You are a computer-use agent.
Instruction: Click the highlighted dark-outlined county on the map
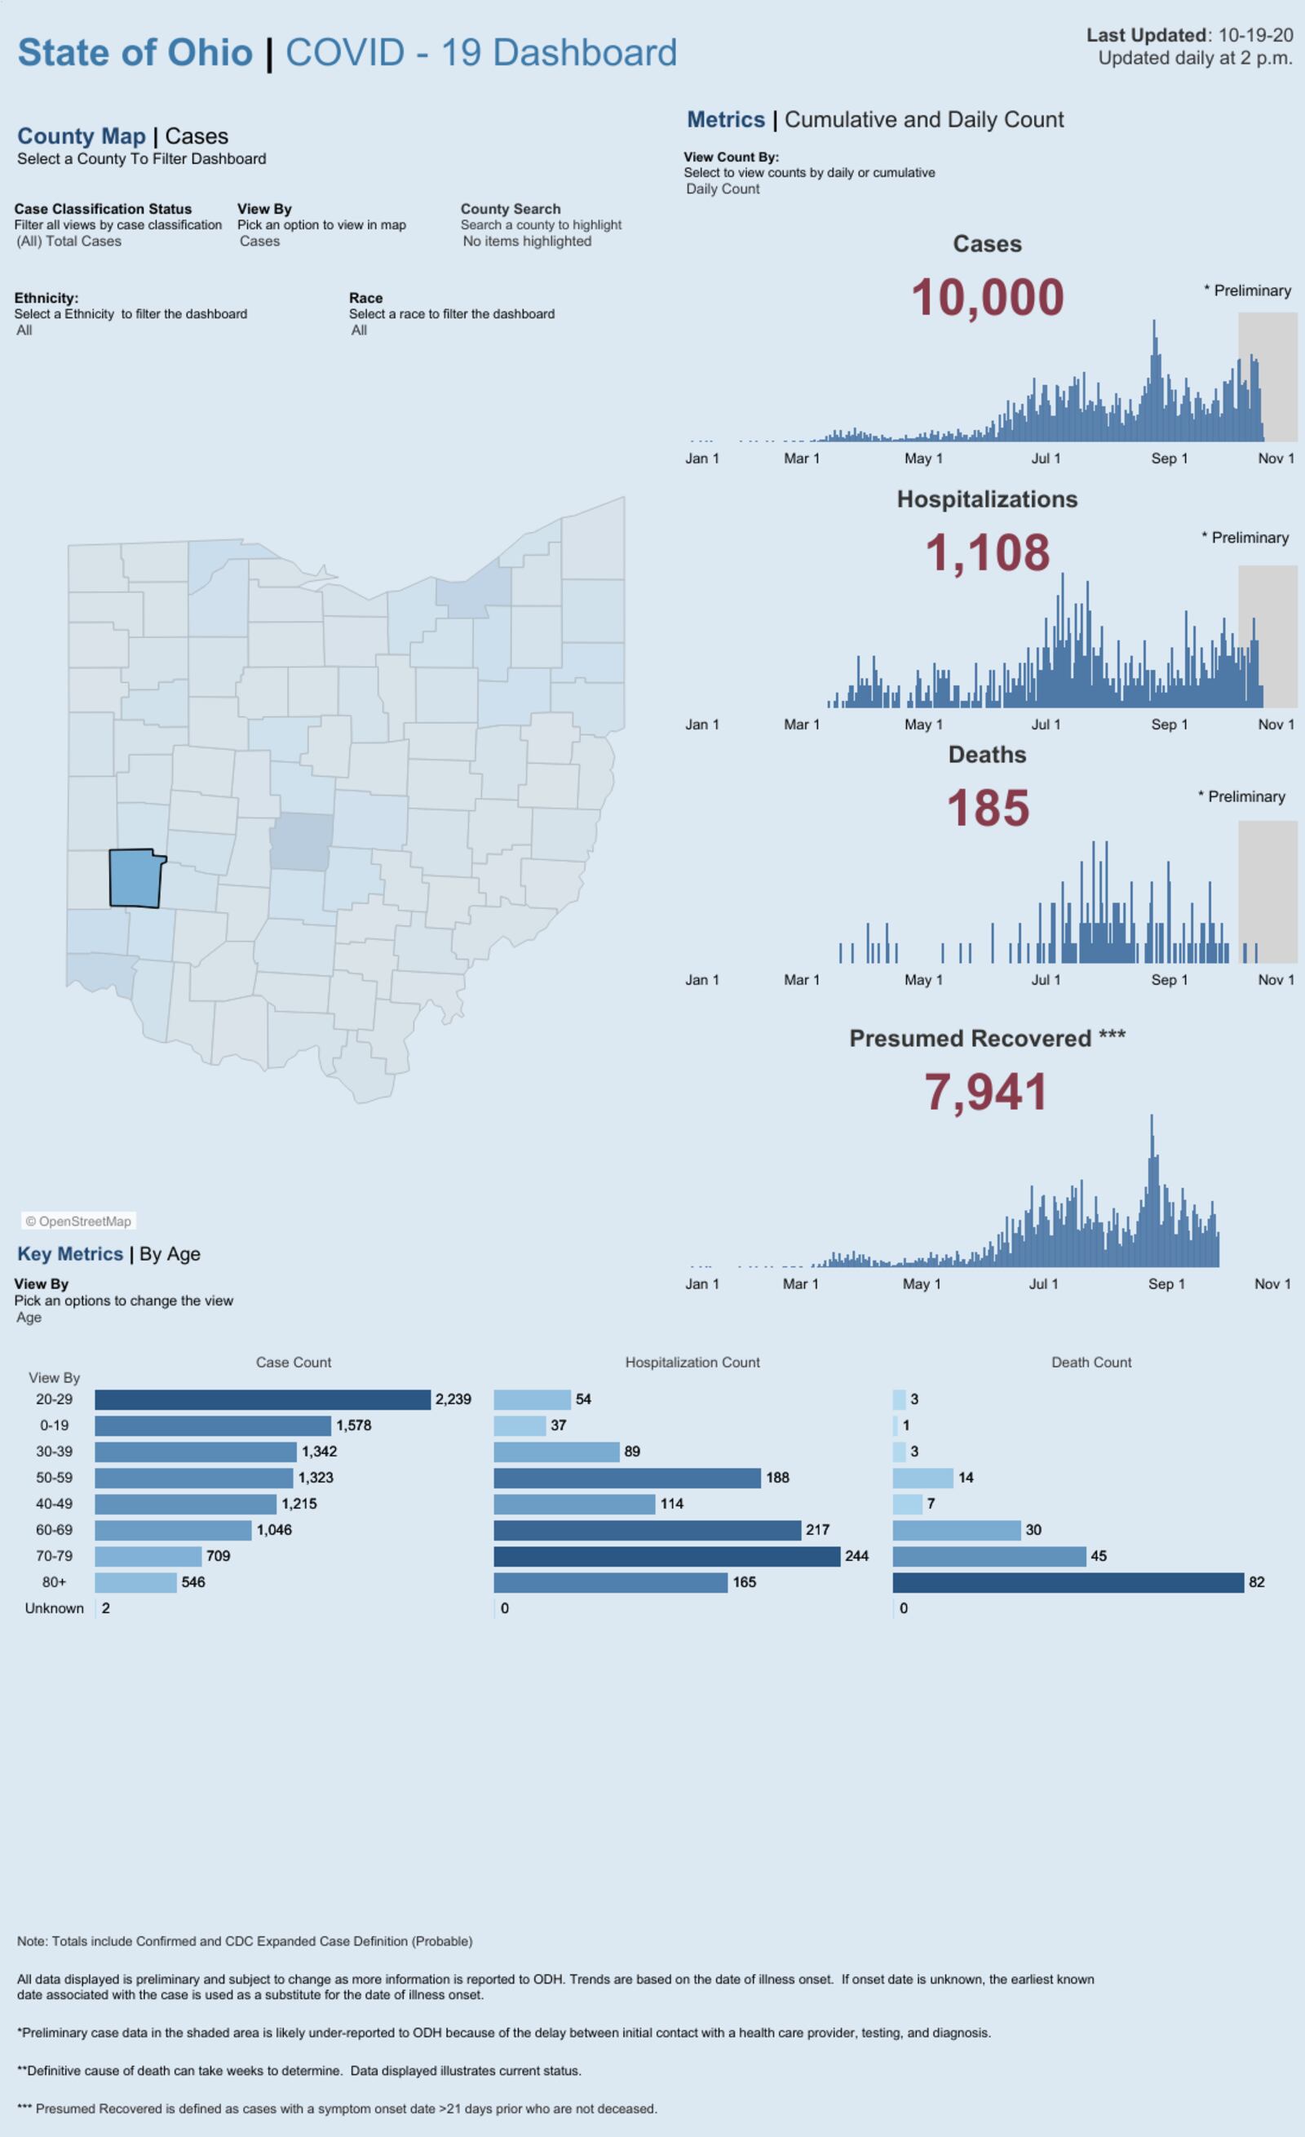point(135,878)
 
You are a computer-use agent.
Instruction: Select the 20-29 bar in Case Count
point(262,1399)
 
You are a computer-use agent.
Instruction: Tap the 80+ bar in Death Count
point(1068,1582)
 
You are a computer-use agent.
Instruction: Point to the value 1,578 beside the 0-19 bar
point(354,1425)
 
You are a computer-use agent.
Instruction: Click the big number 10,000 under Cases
point(987,298)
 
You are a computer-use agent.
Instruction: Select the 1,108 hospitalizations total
point(987,552)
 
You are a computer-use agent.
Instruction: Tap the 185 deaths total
point(987,809)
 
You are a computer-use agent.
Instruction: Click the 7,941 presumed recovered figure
point(986,1091)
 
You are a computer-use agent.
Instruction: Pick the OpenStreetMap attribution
point(79,1221)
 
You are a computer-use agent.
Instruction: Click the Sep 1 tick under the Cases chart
point(1169,458)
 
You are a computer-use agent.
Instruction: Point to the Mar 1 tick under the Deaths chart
point(801,979)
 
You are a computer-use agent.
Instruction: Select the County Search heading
point(510,209)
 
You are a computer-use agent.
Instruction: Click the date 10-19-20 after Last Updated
point(1254,36)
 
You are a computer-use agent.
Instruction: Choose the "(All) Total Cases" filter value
point(69,241)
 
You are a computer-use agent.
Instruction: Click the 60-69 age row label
point(54,1530)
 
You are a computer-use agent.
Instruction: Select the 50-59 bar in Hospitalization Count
point(627,1477)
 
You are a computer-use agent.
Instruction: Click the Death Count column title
point(1090,1363)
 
